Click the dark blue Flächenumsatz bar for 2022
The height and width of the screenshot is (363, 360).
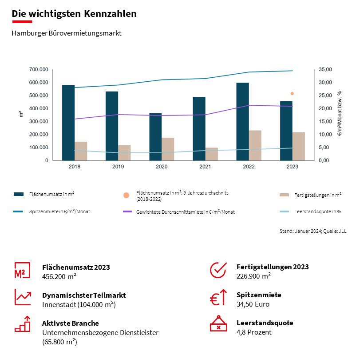[242, 121]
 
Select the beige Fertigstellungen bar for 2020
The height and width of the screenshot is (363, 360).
[168, 149]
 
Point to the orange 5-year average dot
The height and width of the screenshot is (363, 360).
[292, 94]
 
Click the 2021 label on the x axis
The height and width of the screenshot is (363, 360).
[205, 167]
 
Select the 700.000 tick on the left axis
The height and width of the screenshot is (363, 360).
[40, 70]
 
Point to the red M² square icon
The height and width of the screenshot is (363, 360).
[22, 270]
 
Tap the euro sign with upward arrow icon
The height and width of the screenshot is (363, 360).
[218, 297]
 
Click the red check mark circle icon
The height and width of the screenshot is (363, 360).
[218, 269]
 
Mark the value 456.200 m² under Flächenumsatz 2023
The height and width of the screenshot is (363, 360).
[59, 276]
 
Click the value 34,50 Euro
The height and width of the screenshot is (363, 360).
[253, 304]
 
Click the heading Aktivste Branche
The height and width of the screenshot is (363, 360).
[71, 323]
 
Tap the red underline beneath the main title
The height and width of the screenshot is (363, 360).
[22, 21]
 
